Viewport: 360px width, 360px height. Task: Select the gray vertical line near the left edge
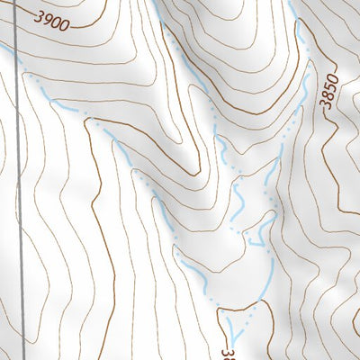19,180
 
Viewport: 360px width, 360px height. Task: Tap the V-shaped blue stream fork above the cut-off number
237,326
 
